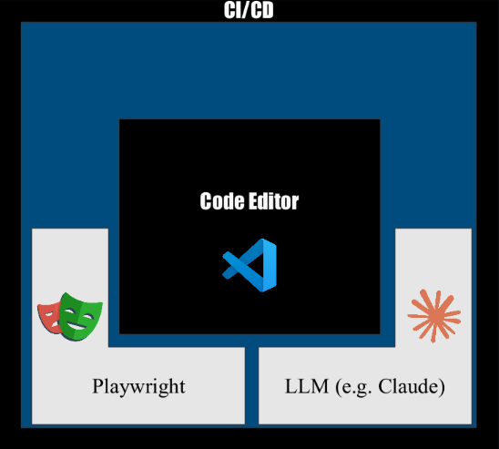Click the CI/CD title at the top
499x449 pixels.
[x=249, y=10]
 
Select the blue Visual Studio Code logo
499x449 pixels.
[x=249, y=265]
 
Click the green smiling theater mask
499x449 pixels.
[x=80, y=316]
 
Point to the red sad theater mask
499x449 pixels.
[x=49, y=318]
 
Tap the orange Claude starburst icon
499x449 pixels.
[x=434, y=316]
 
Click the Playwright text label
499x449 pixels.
[x=138, y=387]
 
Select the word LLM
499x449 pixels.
[x=307, y=386]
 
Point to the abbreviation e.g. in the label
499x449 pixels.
[x=356, y=388]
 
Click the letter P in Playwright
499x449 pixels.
[x=98, y=386]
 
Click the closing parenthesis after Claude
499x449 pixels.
[x=442, y=388]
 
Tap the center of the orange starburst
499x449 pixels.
[x=434, y=315]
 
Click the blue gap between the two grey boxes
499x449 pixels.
[x=251, y=385]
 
